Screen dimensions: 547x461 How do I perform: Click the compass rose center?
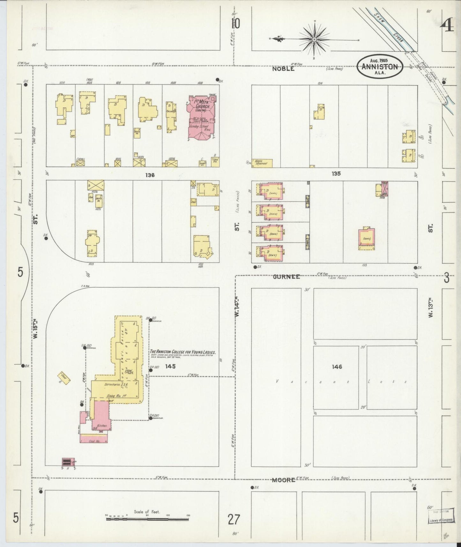click(314, 40)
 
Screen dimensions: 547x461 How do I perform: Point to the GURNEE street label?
click(286, 277)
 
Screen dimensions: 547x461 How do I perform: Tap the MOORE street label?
click(284, 480)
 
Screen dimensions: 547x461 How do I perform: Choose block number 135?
click(336, 174)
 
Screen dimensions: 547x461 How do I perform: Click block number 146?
click(337, 367)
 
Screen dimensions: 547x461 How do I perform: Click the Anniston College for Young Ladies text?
click(183, 353)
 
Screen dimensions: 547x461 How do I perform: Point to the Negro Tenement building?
click(262, 163)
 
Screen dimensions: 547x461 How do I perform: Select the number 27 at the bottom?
click(234, 520)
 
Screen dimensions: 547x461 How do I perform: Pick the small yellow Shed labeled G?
click(64, 378)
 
